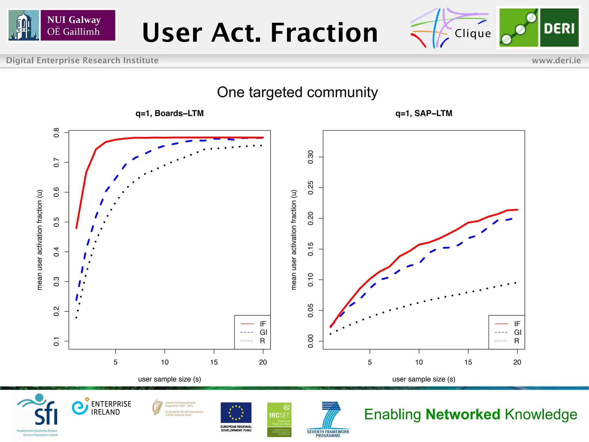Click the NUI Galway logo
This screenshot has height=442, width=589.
[x=62, y=25]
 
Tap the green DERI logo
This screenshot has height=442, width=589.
[x=539, y=28]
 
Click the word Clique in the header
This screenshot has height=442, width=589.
[x=473, y=34]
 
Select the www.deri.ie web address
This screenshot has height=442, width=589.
[x=556, y=60]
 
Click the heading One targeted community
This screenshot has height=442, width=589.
[x=297, y=92]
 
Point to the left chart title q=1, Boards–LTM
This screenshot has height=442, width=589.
[x=169, y=113]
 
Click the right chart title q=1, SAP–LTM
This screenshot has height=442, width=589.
[x=424, y=113]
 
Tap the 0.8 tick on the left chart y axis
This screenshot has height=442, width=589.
[x=56, y=133]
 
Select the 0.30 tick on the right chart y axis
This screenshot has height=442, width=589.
[x=311, y=157]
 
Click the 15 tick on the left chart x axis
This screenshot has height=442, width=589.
[x=214, y=362]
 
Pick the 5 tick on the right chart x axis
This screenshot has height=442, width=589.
[x=370, y=362]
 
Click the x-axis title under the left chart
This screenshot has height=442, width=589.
[x=169, y=379]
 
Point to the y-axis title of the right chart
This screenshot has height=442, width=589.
[x=294, y=240]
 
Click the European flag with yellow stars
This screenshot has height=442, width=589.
[x=236, y=412]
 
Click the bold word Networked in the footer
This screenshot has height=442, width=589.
[x=463, y=415]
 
